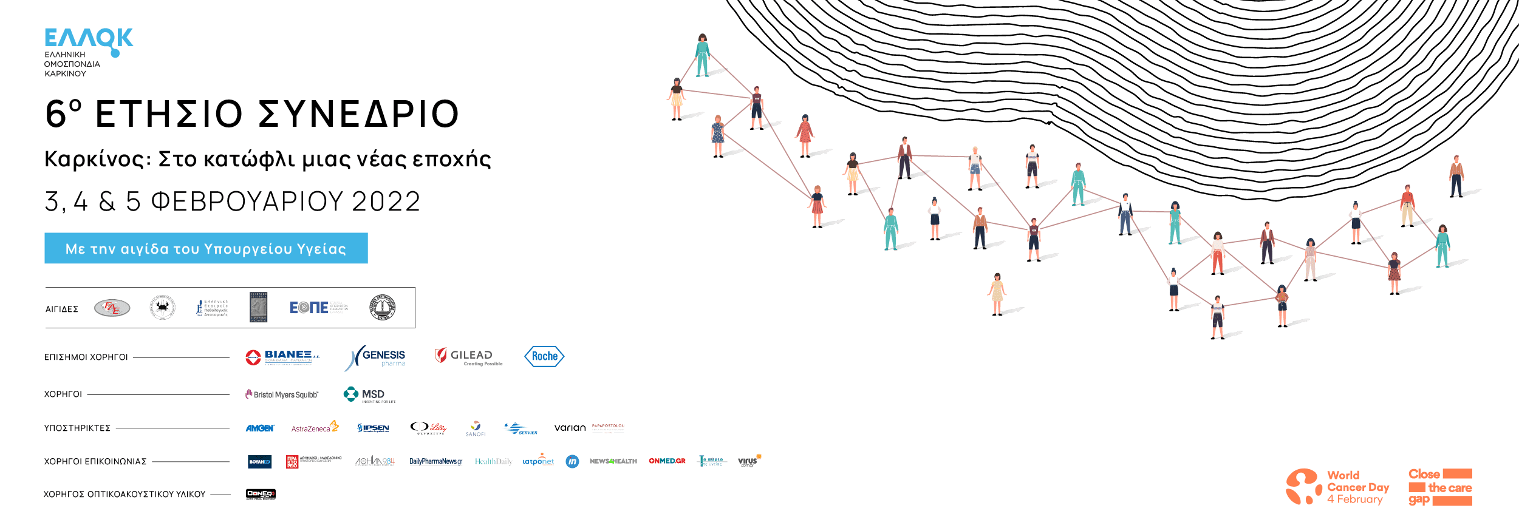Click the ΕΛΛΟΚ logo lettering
coord(89,39)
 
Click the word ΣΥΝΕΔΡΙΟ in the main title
coord(359,114)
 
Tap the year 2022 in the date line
coord(386,201)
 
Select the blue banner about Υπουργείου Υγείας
coord(206,248)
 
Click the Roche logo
coord(544,356)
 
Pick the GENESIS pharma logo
coord(377,357)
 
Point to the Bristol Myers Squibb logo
coord(282,394)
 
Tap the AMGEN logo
coord(260,428)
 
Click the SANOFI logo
coord(476,428)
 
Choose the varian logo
coord(570,428)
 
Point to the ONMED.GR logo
coord(667,461)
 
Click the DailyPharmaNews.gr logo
coord(435,462)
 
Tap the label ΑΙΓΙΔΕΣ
coord(62,309)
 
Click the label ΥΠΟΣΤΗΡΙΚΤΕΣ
coord(77,428)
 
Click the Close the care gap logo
coord(1440,487)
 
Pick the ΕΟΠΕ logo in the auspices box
coord(318,308)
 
